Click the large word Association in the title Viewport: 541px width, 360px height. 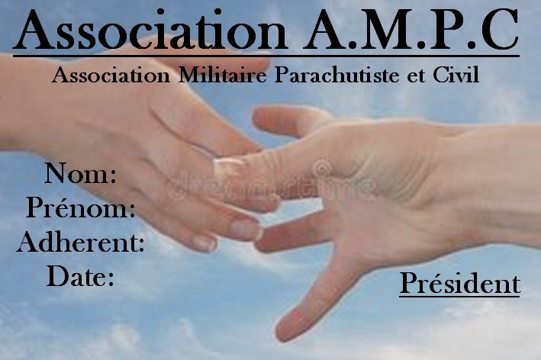[150, 30]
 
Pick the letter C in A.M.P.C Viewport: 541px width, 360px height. [498, 31]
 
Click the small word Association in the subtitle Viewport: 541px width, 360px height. [111, 75]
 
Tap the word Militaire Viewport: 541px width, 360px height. [223, 75]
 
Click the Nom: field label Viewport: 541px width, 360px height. [80, 173]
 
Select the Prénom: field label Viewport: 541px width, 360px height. [80, 207]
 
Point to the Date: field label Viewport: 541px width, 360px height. [80, 276]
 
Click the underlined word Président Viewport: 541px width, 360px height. [460, 284]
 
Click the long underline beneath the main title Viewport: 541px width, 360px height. [266, 55]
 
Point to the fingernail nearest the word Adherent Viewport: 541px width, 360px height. [204, 243]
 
